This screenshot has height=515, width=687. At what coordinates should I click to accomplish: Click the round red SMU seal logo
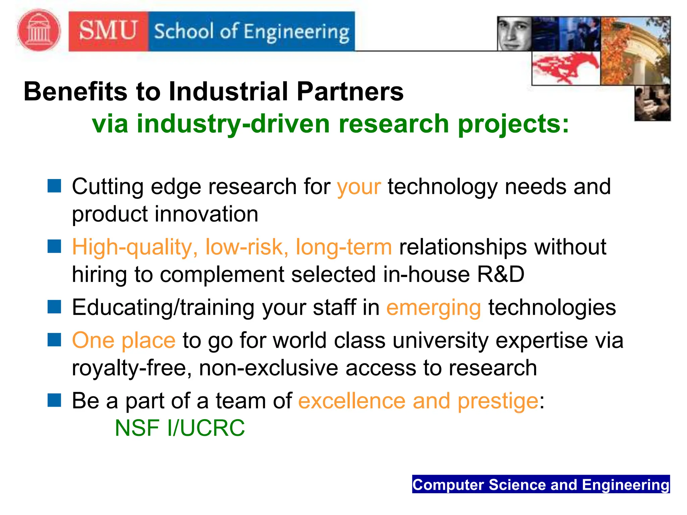39,31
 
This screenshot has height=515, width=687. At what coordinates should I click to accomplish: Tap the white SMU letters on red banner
108,31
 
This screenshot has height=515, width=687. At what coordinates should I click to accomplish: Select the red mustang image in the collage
566,68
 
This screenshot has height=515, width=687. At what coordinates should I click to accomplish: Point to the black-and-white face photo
514,34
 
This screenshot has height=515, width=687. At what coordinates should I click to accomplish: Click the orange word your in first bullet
359,187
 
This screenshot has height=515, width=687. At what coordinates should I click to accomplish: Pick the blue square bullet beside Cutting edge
54,186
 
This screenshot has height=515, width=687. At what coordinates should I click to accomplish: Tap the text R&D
500,274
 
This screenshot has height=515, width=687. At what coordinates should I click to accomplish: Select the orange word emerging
433,308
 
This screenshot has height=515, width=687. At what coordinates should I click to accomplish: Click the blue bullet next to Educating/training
54,306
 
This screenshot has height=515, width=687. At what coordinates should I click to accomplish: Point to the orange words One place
124,341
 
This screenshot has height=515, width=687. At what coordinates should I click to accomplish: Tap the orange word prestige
498,401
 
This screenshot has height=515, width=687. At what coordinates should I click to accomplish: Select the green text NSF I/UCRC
180,428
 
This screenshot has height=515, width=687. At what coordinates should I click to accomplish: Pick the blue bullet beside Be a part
54,400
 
